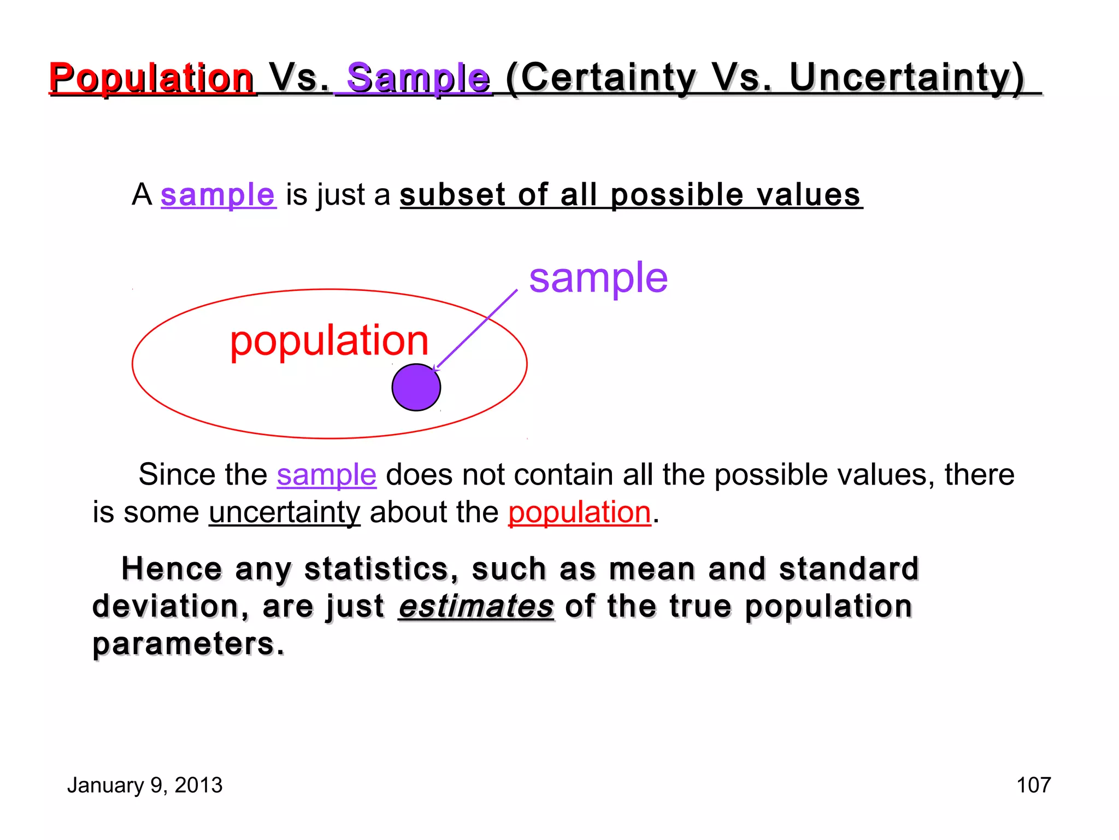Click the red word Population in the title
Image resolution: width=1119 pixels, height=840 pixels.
tap(151, 78)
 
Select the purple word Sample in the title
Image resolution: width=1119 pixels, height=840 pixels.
tap(419, 78)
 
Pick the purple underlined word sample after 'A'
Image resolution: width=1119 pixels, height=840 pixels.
tap(217, 195)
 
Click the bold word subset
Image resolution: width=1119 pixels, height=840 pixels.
tap(453, 195)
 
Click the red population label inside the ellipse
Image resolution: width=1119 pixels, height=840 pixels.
tap(329, 340)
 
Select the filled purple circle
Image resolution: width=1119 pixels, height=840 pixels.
tap(416, 387)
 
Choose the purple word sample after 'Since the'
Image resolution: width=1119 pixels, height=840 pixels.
tap(326, 474)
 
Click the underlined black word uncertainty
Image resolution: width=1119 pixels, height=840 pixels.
tap(284, 512)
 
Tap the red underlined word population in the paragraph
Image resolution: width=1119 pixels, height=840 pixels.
tap(579, 512)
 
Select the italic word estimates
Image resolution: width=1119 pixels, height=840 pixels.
tap(476, 606)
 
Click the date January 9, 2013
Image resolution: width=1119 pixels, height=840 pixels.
tap(145, 785)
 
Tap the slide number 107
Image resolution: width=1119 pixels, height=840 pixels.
tap(1033, 785)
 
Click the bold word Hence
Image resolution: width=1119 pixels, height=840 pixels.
tap(172, 569)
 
